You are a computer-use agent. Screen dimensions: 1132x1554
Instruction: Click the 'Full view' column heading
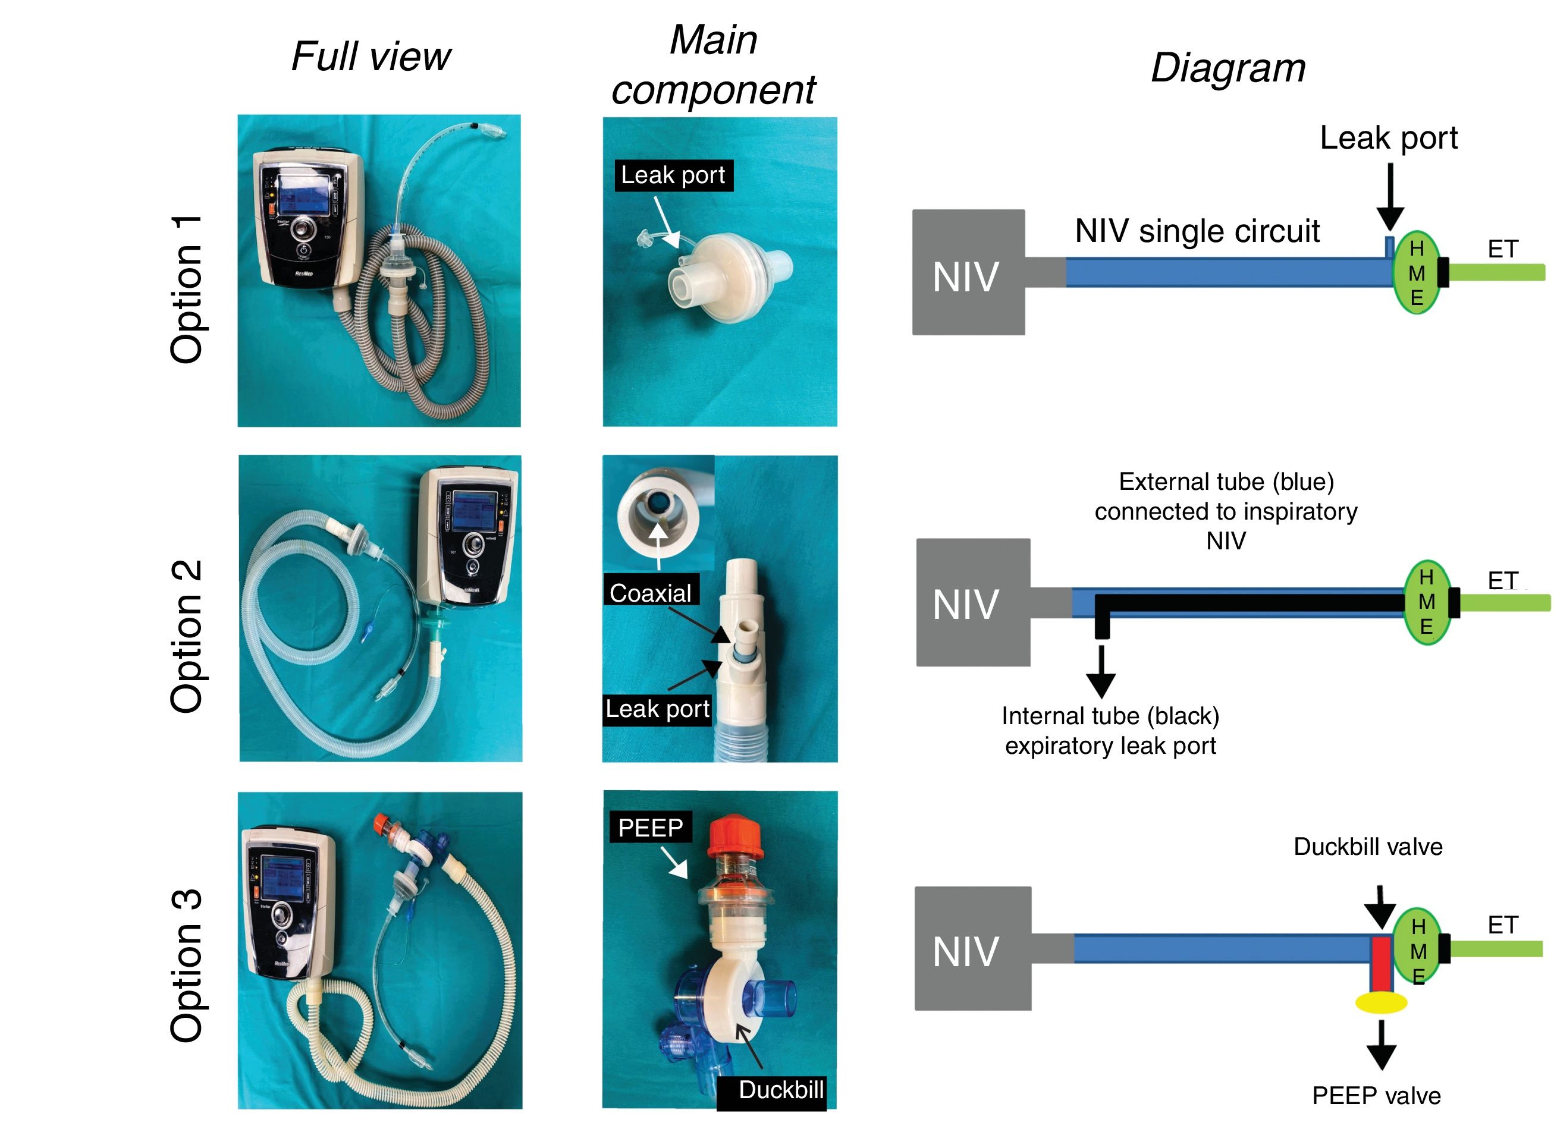(x=371, y=56)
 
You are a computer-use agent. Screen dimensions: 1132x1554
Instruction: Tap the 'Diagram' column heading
(x=1227, y=68)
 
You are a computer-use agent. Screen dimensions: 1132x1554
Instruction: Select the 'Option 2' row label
(x=187, y=636)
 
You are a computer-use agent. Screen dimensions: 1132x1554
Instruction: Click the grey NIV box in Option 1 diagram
(x=968, y=272)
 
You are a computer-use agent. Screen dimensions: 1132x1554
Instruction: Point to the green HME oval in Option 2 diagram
(x=1427, y=602)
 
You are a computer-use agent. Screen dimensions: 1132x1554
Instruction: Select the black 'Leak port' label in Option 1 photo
(x=673, y=175)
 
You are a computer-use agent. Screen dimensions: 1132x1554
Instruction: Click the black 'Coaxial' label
(x=651, y=593)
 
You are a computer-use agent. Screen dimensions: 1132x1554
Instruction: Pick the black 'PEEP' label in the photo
(x=650, y=828)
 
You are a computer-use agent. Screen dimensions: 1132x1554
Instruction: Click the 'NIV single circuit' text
(x=1197, y=231)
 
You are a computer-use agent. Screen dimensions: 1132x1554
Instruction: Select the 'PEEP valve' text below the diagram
(x=1376, y=1096)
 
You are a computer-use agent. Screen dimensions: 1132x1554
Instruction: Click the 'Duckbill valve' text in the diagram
(x=1367, y=847)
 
